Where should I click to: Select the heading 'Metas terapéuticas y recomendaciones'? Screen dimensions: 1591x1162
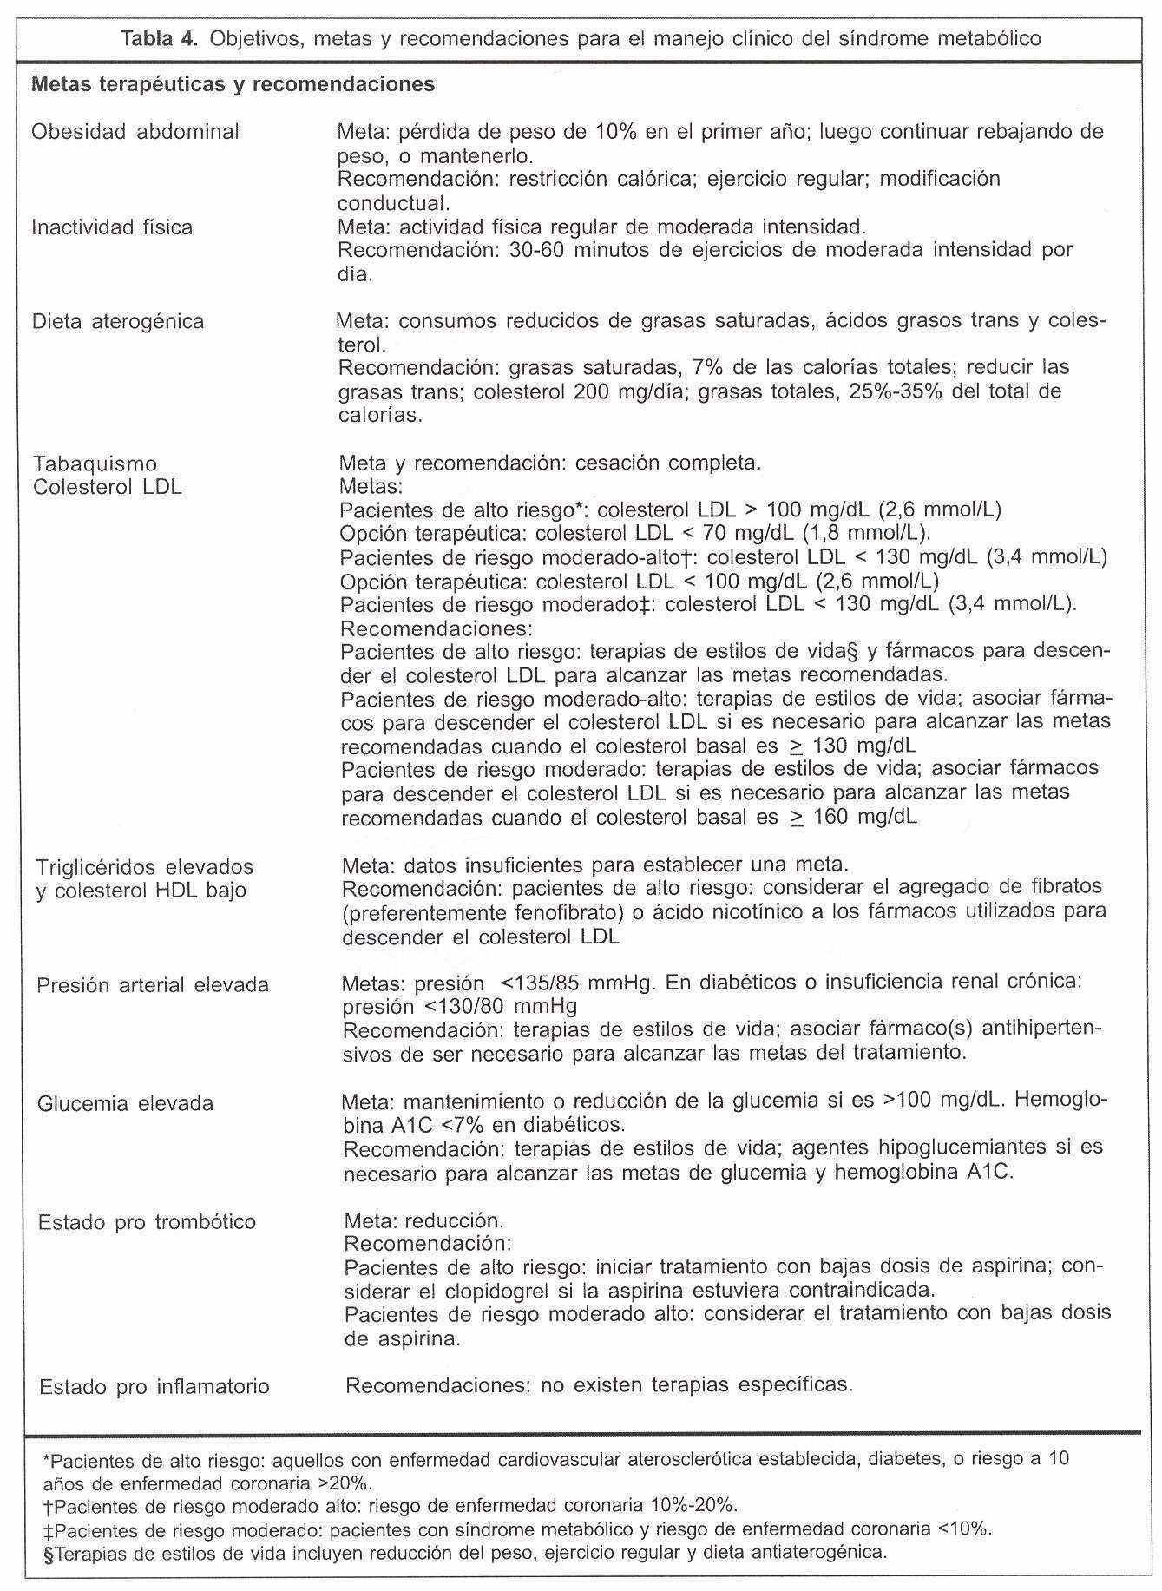point(233,85)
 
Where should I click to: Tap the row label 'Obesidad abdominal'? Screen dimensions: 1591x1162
point(135,133)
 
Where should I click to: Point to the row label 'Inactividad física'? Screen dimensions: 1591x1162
point(112,227)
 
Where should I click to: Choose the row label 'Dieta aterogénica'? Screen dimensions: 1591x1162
point(118,322)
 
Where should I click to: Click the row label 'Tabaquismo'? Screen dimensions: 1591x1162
point(95,463)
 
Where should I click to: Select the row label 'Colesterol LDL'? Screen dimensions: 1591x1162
point(108,487)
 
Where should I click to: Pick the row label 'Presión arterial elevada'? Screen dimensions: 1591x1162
point(153,986)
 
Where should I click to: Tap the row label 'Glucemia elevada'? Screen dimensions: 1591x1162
point(125,1104)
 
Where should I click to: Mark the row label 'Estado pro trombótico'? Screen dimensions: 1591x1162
point(147,1222)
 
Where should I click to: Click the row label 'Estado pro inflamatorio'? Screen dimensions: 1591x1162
point(154,1387)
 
